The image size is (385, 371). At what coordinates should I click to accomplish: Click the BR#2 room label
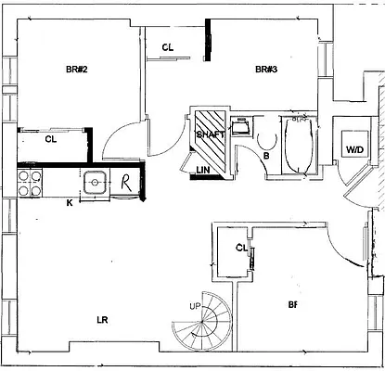(77, 70)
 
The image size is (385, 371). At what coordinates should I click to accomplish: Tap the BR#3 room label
(268, 70)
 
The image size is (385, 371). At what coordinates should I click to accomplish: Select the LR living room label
(104, 320)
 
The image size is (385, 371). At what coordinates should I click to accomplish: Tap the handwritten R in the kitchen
(122, 182)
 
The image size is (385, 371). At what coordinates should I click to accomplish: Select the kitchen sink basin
(95, 185)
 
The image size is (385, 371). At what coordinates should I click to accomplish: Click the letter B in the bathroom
(266, 156)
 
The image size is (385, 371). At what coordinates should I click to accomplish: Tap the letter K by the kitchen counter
(69, 203)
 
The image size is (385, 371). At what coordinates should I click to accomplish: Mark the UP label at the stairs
(193, 305)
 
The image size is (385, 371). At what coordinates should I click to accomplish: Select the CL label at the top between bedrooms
(169, 47)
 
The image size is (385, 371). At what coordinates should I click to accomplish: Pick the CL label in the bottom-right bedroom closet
(241, 248)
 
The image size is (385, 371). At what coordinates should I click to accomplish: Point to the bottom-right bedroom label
(293, 304)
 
